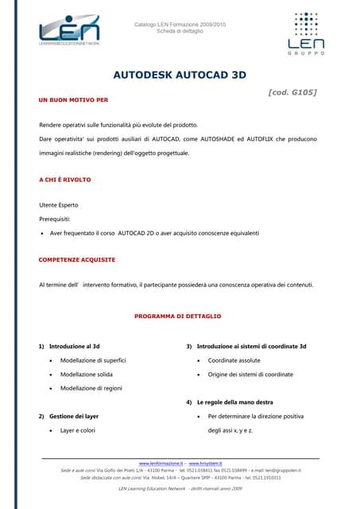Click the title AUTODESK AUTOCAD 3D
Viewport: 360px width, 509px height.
(x=180, y=79)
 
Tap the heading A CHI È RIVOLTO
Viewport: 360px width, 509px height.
(x=64, y=180)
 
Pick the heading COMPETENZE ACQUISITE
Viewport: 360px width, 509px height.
(x=76, y=259)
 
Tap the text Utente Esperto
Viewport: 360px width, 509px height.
(x=61, y=205)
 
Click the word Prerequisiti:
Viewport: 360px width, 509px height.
(x=59, y=219)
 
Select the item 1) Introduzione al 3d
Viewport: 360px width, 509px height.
(x=70, y=347)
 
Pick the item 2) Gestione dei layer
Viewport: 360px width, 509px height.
(x=68, y=416)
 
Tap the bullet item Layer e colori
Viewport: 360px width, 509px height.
(x=77, y=430)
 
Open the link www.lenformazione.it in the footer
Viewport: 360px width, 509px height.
(x=161, y=462)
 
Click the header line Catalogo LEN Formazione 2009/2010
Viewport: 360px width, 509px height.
(x=180, y=25)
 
